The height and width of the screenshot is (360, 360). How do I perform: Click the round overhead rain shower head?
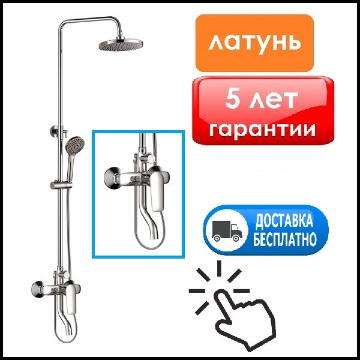tap(121, 44)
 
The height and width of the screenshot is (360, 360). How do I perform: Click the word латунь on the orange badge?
tap(254, 43)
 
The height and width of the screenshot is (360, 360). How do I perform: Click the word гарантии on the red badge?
tap(262, 129)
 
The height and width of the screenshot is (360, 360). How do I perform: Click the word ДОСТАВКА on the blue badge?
tap(284, 221)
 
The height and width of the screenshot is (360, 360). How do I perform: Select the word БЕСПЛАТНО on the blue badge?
tap(284, 239)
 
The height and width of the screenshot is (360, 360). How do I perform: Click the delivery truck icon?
tap(227, 231)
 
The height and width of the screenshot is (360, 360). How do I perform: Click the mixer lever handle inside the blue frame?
tap(158, 190)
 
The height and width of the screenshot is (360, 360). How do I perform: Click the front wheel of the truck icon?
tap(236, 238)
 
